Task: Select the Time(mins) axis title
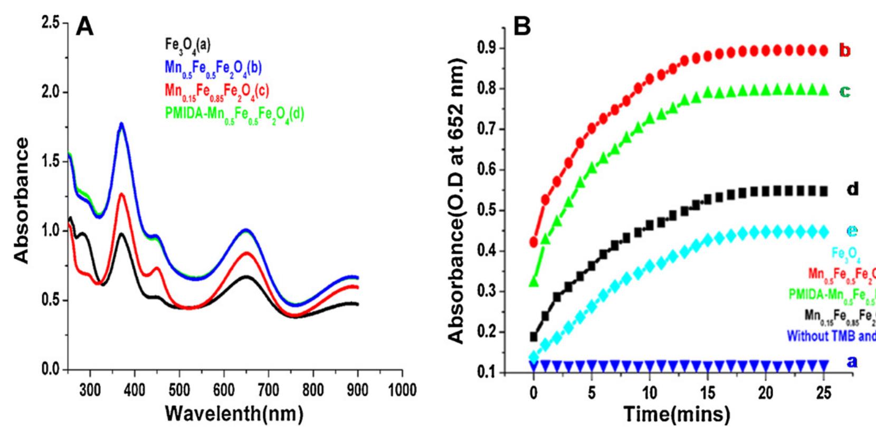[x=679, y=413]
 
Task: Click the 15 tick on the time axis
[x=708, y=393]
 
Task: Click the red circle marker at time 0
[x=534, y=242]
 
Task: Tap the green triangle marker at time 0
[x=534, y=282]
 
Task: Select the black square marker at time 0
[x=534, y=336]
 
